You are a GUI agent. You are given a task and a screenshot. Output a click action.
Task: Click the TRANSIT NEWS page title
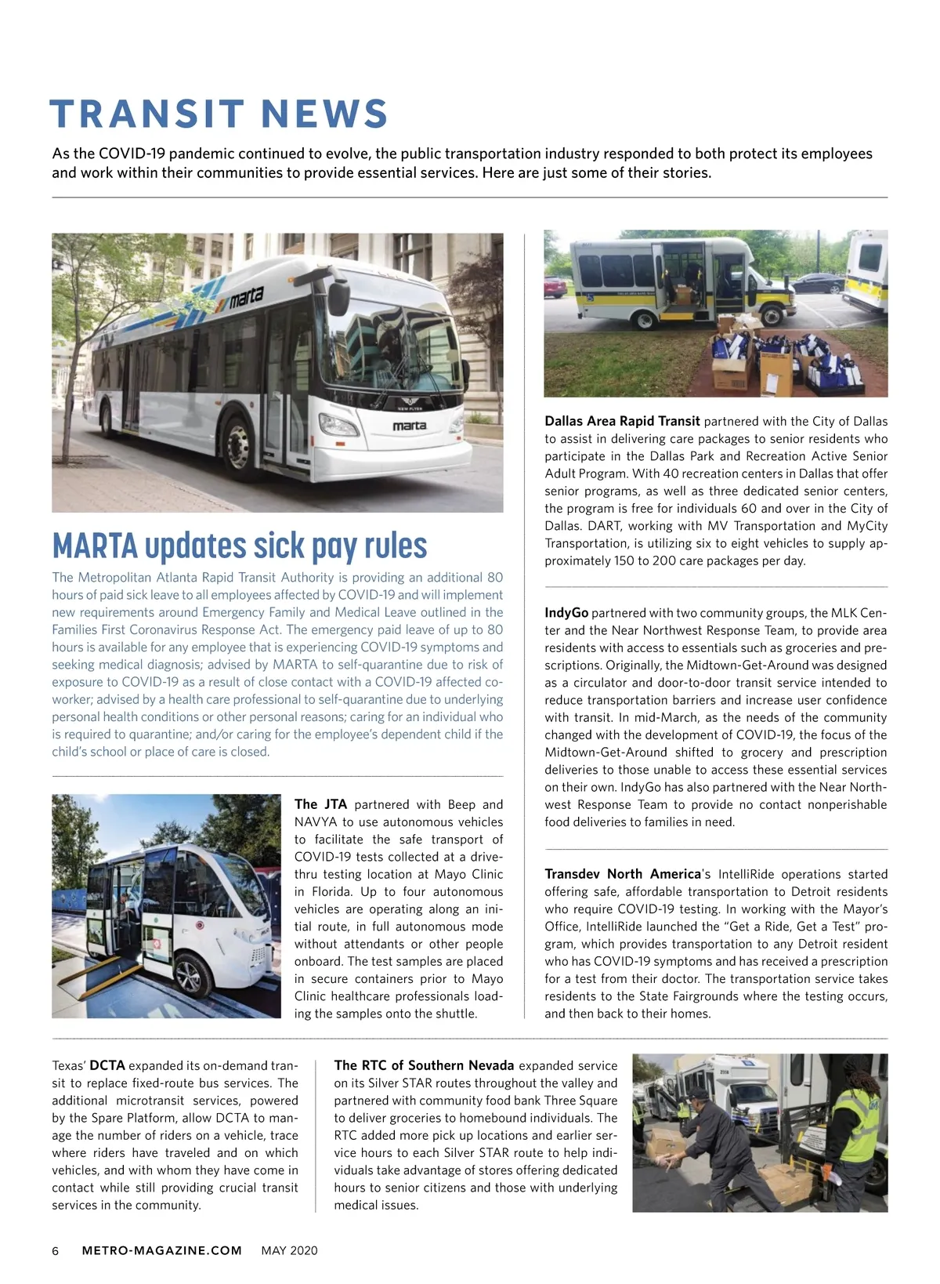tap(219, 114)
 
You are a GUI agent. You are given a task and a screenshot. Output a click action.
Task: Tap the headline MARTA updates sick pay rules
tap(240, 546)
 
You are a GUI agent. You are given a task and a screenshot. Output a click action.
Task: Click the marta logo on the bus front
tap(409, 426)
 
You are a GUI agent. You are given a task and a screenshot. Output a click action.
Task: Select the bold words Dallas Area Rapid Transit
tap(622, 421)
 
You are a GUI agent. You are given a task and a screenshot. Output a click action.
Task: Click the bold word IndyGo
tap(566, 613)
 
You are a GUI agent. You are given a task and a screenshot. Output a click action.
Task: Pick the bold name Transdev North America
tap(622, 874)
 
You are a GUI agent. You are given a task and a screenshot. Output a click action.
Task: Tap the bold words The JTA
tap(320, 804)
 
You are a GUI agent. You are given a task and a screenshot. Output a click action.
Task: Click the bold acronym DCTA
tap(107, 1065)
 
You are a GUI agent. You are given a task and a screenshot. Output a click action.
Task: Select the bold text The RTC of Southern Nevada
tap(424, 1065)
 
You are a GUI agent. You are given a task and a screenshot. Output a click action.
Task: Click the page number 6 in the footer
tap(56, 1250)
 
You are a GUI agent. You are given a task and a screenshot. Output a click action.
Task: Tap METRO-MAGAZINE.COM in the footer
tap(162, 1250)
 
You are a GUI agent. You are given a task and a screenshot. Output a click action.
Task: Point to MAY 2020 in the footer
tap(289, 1250)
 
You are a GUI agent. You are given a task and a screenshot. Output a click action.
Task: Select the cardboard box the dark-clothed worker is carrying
tap(666, 1145)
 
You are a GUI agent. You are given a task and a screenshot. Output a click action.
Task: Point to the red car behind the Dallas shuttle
tap(555, 287)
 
